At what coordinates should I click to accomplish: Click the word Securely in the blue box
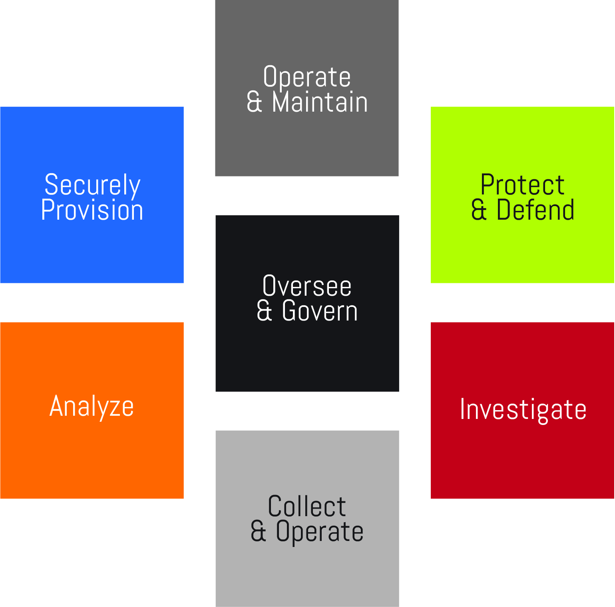pos(92,185)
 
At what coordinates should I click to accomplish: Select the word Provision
pos(92,210)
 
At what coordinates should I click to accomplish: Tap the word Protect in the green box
pos(522,185)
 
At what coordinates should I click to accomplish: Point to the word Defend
pos(535,210)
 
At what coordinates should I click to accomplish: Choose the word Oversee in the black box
pos(307,286)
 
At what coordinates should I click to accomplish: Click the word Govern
pos(320,311)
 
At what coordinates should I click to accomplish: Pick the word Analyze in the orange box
pos(92,407)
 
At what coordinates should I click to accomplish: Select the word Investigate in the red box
pos(523,409)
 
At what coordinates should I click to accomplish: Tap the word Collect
pos(307,507)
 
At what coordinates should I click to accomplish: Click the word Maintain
pos(320,102)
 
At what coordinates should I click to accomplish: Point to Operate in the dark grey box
pos(307,77)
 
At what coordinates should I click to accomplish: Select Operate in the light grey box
pos(320,532)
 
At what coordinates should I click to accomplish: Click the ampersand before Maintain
pos(255,102)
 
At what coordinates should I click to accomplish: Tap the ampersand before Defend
pos(479,210)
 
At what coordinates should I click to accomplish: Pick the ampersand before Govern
pos(264,311)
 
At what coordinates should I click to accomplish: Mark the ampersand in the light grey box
pos(258,532)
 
